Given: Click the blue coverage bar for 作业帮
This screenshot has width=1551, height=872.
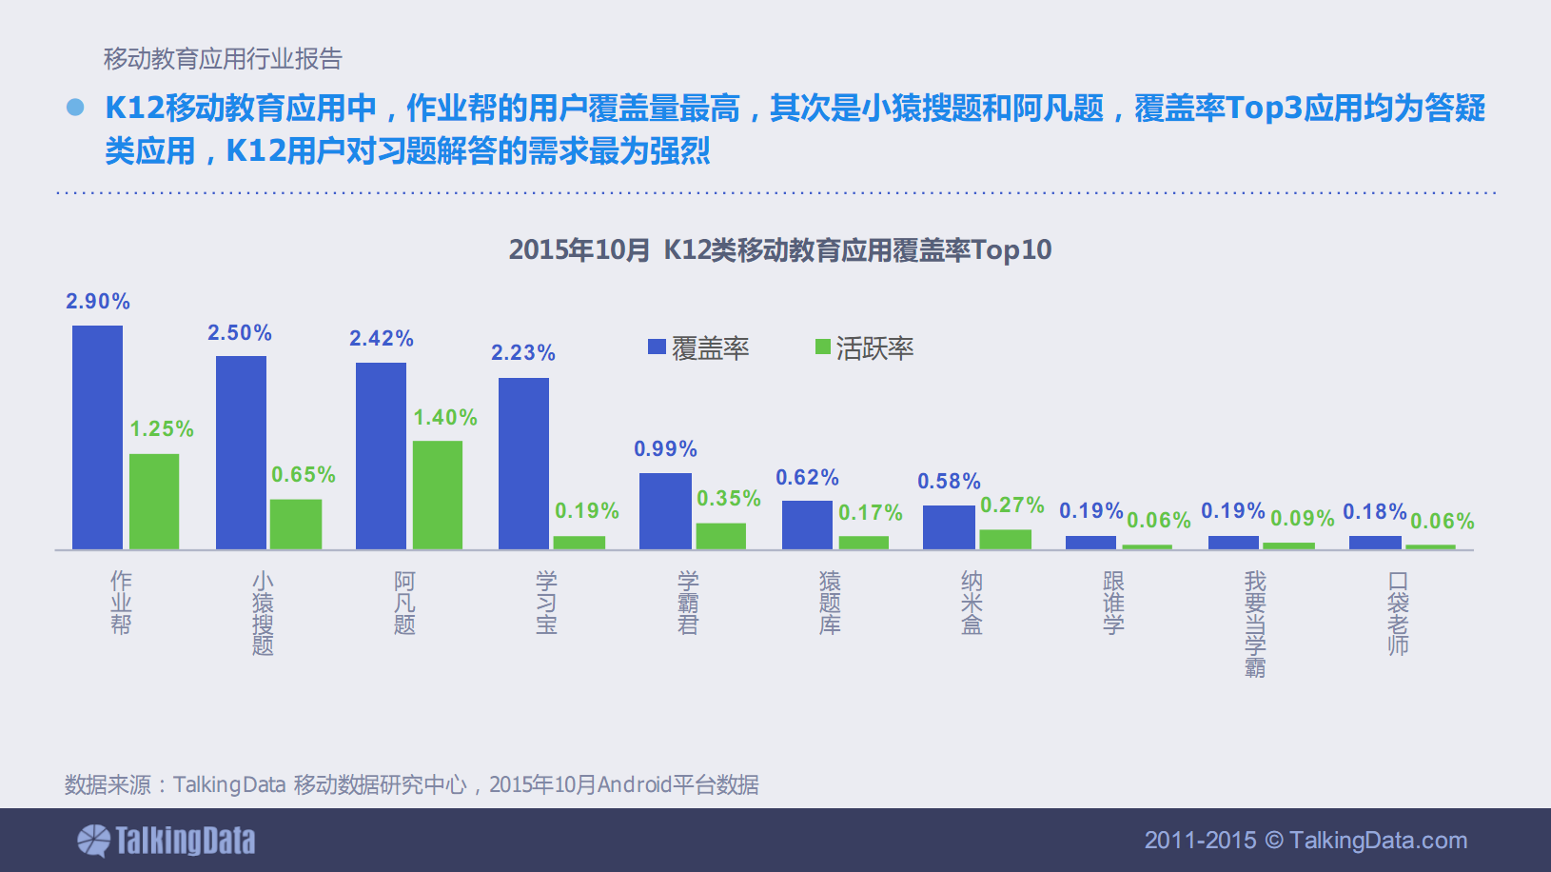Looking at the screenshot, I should point(97,437).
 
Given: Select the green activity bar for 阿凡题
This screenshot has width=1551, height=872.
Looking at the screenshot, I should point(438,494).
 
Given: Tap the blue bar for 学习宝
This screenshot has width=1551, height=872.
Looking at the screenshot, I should point(523,463).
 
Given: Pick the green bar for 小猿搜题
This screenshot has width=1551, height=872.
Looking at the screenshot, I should point(295,524).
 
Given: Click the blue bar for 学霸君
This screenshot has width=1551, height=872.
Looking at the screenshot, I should point(665,510).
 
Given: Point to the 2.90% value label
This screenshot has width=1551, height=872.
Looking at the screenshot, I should point(98,302).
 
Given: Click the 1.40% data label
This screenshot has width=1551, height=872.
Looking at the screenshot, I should point(445,418).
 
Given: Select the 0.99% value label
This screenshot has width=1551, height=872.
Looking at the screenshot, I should point(665,449).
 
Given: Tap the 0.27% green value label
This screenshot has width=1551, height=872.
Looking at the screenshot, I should point(1012,505).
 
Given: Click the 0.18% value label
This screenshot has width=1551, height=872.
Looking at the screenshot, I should point(1374,512).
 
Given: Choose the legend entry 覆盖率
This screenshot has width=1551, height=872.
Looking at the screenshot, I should point(699,348).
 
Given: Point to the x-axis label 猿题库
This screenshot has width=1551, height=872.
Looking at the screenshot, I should point(830,603).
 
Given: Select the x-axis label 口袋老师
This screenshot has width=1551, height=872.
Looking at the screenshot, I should point(1398,613).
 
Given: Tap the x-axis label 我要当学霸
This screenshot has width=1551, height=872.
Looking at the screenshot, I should point(1255,624).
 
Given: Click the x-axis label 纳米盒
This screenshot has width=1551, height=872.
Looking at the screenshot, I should point(972,603).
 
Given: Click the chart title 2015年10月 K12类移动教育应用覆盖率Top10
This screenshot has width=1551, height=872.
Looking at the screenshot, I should point(780,250).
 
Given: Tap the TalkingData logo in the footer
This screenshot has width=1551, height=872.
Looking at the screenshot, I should point(167,841).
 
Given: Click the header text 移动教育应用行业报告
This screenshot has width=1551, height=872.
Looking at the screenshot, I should point(223,59).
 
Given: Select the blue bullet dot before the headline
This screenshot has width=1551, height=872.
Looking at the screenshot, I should point(76,108).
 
